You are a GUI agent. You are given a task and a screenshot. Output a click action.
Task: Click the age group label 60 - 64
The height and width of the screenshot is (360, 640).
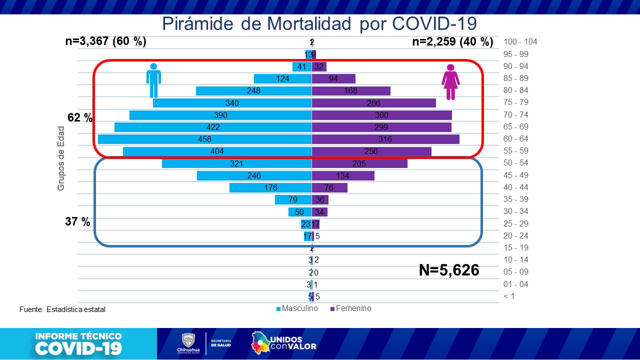pyautogui.click(x=516, y=139)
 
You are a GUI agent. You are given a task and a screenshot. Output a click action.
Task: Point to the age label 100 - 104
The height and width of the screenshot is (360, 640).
pyautogui.click(x=520, y=42)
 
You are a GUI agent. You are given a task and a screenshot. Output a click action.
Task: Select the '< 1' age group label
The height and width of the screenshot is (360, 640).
pyautogui.click(x=508, y=296)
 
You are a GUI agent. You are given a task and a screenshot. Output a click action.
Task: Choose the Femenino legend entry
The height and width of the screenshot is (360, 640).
pyautogui.click(x=353, y=308)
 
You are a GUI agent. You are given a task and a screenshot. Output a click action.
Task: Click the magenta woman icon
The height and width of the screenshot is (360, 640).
pyautogui.click(x=450, y=82)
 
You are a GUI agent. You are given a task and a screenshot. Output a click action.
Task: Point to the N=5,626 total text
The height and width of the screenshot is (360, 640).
pyautogui.click(x=449, y=270)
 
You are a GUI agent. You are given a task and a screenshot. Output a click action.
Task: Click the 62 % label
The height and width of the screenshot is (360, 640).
pyautogui.click(x=80, y=118)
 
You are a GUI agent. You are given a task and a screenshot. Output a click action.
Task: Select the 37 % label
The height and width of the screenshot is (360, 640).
pyautogui.click(x=77, y=221)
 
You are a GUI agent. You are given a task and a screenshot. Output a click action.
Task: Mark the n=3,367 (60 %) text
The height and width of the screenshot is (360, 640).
pyautogui.click(x=105, y=41)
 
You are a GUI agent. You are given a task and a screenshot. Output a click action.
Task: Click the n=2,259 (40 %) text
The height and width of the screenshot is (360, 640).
pyautogui.click(x=452, y=42)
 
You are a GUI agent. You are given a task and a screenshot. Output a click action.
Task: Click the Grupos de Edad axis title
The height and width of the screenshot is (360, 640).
pyautogui.click(x=61, y=158)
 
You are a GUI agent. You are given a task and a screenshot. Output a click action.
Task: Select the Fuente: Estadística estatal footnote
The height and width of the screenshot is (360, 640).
pyautogui.click(x=62, y=309)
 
